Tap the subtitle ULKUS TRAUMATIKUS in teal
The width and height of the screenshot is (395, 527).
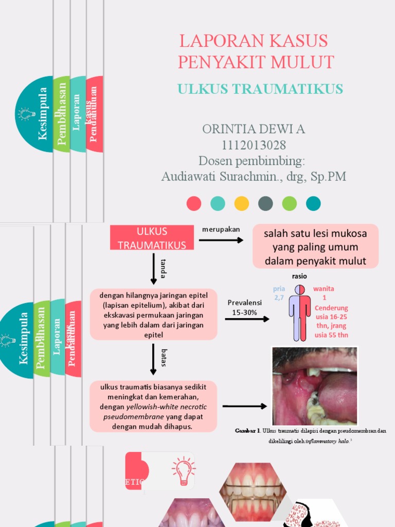click(260, 89)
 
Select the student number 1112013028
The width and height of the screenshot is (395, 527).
click(254, 145)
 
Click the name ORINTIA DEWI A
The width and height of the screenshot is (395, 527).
click(254, 129)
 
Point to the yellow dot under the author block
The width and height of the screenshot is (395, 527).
click(241, 203)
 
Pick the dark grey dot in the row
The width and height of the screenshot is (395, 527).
click(265, 203)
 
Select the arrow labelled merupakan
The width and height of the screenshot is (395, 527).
click(221, 240)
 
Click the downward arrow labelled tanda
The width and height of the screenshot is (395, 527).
click(153, 268)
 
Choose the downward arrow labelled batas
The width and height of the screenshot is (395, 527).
click(153, 358)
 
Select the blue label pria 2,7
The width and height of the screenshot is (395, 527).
click(279, 293)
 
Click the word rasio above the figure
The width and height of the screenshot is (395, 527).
click(299, 276)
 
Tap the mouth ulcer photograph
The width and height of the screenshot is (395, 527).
click(314, 386)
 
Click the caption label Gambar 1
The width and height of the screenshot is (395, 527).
click(247, 431)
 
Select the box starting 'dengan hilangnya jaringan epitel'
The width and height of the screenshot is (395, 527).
click(153, 314)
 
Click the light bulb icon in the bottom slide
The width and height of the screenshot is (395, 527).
click(183, 470)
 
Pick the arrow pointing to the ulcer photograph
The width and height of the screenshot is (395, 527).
click(245, 406)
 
